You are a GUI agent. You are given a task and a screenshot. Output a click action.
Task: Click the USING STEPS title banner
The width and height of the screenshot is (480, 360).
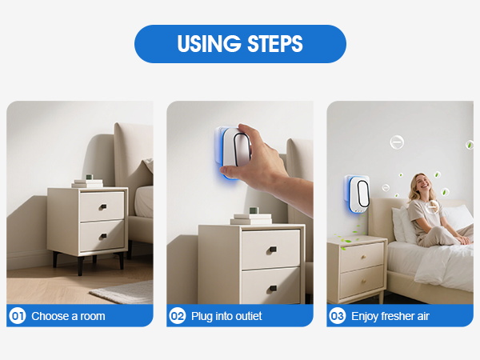[x=240, y=43]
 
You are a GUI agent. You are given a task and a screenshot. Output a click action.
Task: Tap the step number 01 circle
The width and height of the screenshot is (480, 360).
[x=18, y=316]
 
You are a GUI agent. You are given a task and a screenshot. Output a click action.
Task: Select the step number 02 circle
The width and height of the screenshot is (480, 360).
[x=178, y=316]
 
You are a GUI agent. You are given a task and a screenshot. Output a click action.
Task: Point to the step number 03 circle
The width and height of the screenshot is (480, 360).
[x=338, y=316]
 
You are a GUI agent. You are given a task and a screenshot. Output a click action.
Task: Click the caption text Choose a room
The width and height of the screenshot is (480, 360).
[x=68, y=316]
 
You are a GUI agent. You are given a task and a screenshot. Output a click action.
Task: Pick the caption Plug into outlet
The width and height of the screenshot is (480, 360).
[x=226, y=316]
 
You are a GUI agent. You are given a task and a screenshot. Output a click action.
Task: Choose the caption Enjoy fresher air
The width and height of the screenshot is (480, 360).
[x=390, y=316]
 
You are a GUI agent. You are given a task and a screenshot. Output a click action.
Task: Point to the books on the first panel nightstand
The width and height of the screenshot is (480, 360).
[x=88, y=183]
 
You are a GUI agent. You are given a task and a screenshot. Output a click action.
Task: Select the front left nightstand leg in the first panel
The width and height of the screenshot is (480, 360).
[x=56, y=261]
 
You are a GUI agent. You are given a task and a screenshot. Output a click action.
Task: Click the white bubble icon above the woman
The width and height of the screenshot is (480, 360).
[x=397, y=142]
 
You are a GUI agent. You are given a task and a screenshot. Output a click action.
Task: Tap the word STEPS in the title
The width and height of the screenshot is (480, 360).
[x=274, y=43]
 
